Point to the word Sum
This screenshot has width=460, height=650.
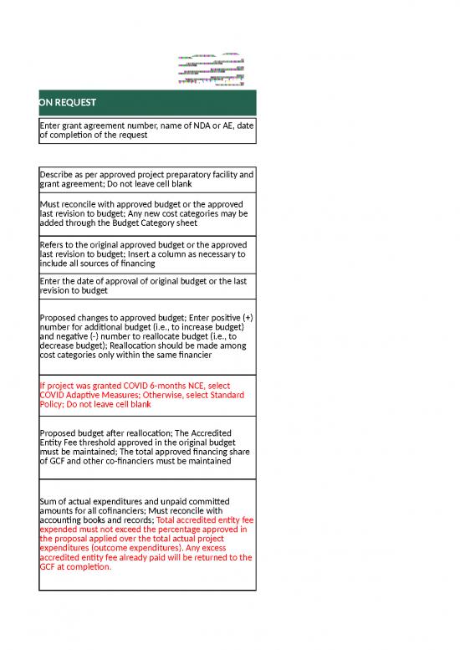[x=49, y=501]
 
